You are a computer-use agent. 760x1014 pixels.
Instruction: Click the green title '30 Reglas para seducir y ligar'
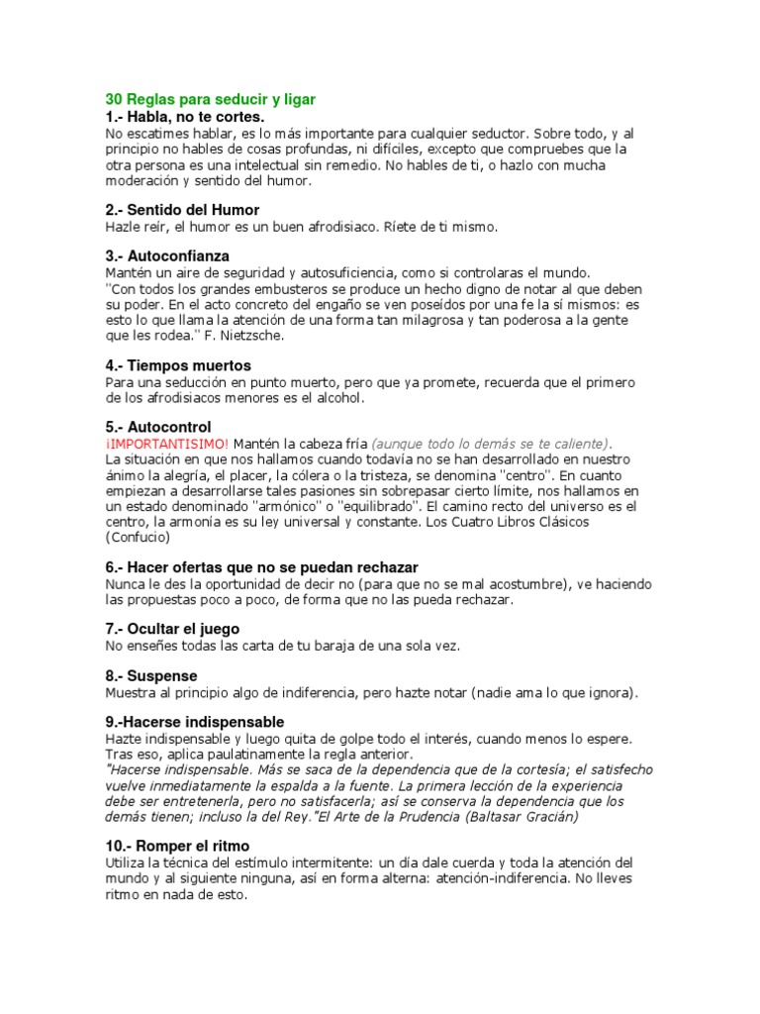(x=211, y=100)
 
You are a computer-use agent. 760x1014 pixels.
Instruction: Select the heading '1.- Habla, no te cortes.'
(x=185, y=117)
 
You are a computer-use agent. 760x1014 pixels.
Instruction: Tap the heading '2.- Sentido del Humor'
(x=182, y=210)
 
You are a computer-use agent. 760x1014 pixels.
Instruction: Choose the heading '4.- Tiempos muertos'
(x=178, y=365)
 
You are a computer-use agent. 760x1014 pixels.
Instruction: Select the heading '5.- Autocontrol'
(x=157, y=427)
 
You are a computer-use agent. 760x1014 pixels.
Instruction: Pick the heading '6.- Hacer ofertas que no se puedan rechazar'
(x=261, y=567)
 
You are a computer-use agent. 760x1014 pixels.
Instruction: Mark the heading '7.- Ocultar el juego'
(x=172, y=629)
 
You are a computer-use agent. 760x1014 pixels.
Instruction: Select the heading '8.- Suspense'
(x=151, y=675)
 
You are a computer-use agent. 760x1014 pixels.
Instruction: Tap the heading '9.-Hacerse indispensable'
(x=194, y=722)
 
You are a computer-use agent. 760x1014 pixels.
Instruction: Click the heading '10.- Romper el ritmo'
(x=177, y=847)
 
